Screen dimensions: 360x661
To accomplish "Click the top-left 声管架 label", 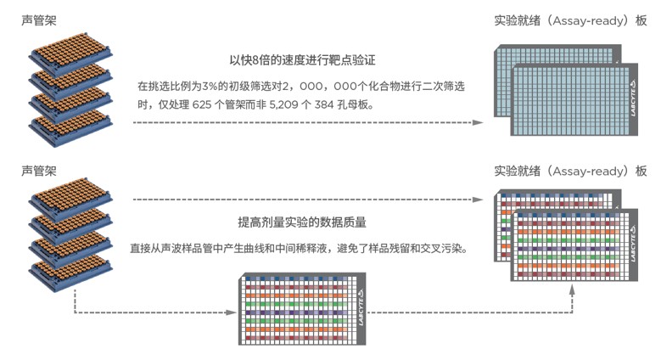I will click(x=41, y=19).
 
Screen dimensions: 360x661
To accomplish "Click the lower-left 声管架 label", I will click(x=41, y=170).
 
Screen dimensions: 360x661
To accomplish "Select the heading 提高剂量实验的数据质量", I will click(x=302, y=222).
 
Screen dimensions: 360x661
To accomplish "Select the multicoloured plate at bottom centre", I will click(x=301, y=310).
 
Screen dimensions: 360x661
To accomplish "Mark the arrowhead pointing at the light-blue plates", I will click(x=479, y=122).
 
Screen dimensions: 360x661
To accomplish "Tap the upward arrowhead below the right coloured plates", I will click(x=574, y=289).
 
